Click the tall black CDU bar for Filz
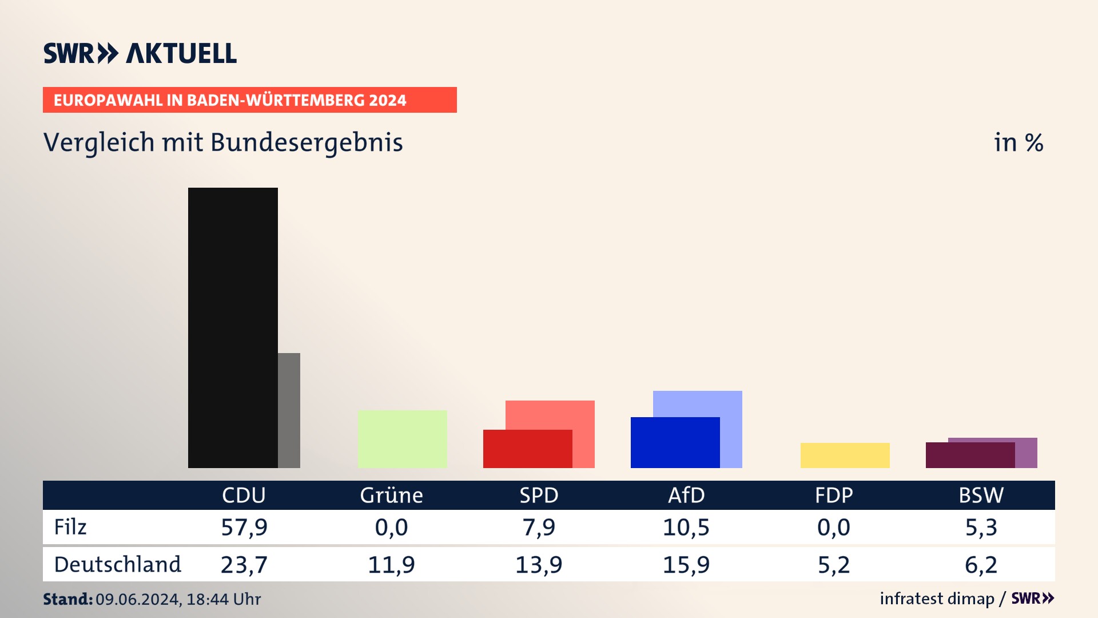(233, 327)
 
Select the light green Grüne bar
(402, 439)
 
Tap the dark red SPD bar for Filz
(527, 449)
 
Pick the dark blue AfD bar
(675, 442)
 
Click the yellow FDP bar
(845, 455)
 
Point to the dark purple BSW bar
(970, 455)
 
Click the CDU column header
(244, 495)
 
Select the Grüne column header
(391, 495)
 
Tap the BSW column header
(981, 495)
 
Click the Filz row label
(70, 527)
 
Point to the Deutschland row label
(117, 565)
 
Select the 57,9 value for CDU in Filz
(244, 527)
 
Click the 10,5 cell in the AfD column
(686, 527)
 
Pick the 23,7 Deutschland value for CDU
(244, 565)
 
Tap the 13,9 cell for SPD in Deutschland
(539, 565)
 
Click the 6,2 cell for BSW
(981, 565)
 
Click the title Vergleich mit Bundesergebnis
(223, 142)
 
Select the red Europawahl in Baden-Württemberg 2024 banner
(249, 100)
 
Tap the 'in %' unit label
(1019, 142)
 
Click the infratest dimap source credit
(937, 599)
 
